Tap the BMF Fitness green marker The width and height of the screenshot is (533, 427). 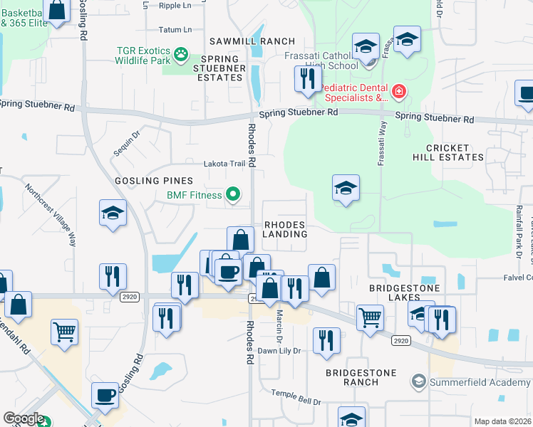(x=232, y=194)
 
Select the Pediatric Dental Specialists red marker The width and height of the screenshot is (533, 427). (x=398, y=91)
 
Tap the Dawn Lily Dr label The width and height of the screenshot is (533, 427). (x=279, y=351)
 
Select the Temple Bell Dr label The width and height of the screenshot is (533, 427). (x=296, y=396)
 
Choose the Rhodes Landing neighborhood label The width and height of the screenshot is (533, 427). (x=285, y=228)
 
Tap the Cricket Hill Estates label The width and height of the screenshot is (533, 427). (x=455, y=152)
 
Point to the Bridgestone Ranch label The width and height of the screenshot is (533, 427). (x=352, y=376)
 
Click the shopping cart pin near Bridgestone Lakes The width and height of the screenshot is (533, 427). (x=371, y=317)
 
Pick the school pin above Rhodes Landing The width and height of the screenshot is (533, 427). (x=346, y=188)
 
